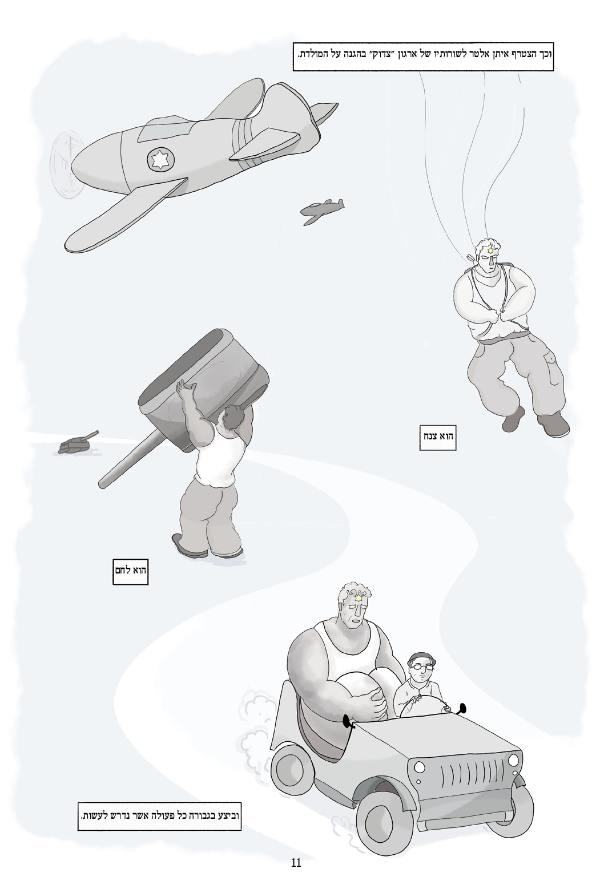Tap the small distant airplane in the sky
pyautogui.click(x=321, y=210)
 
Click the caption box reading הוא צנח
pyautogui.click(x=438, y=437)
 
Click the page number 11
pyautogui.click(x=296, y=860)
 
